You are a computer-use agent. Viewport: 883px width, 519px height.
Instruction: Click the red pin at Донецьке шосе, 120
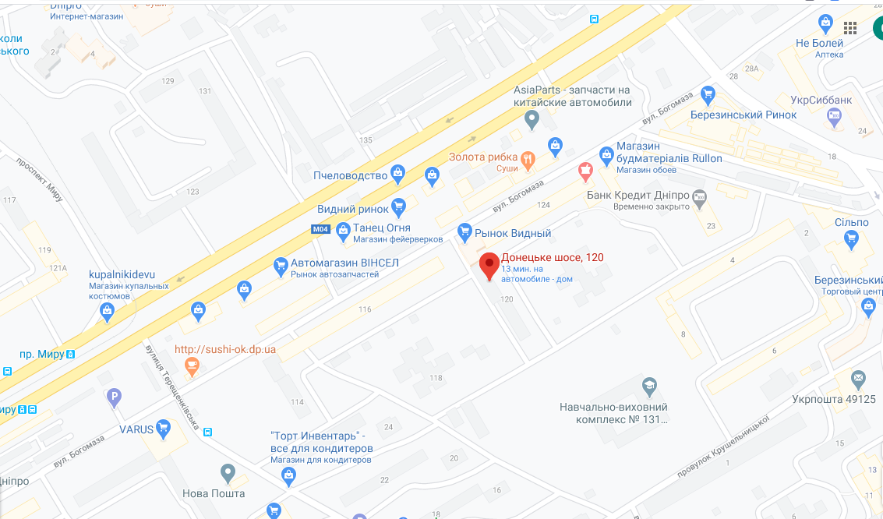pyautogui.click(x=489, y=265)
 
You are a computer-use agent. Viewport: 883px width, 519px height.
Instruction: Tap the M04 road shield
pyautogui.click(x=320, y=229)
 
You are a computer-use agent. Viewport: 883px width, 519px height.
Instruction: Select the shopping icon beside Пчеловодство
pyautogui.click(x=398, y=174)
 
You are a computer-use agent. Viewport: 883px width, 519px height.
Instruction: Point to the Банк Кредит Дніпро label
pyautogui.click(x=638, y=195)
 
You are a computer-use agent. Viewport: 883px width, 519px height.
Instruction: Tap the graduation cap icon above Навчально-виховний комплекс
pyautogui.click(x=648, y=386)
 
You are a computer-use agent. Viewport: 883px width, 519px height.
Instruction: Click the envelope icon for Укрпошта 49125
pyautogui.click(x=858, y=380)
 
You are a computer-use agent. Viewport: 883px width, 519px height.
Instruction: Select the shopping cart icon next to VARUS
pyautogui.click(x=163, y=428)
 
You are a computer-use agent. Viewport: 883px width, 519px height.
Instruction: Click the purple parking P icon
pyautogui.click(x=114, y=397)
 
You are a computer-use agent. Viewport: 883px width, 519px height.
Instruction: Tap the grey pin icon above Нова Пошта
pyautogui.click(x=227, y=472)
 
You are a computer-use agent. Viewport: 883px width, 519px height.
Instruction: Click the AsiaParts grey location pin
pyautogui.click(x=532, y=120)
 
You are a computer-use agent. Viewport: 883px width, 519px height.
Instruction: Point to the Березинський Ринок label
pyautogui.click(x=743, y=115)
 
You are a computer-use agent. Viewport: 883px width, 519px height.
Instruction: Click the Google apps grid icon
pyautogui.click(x=850, y=28)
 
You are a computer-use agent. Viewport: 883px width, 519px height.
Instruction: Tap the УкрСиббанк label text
pyautogui.click(x=820, y=100)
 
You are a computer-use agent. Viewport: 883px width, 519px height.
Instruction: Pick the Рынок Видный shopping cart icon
pyautogui.click(x=464, y=231)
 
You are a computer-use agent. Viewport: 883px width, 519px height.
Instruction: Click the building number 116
pyautogui.click(x=365, y=309)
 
